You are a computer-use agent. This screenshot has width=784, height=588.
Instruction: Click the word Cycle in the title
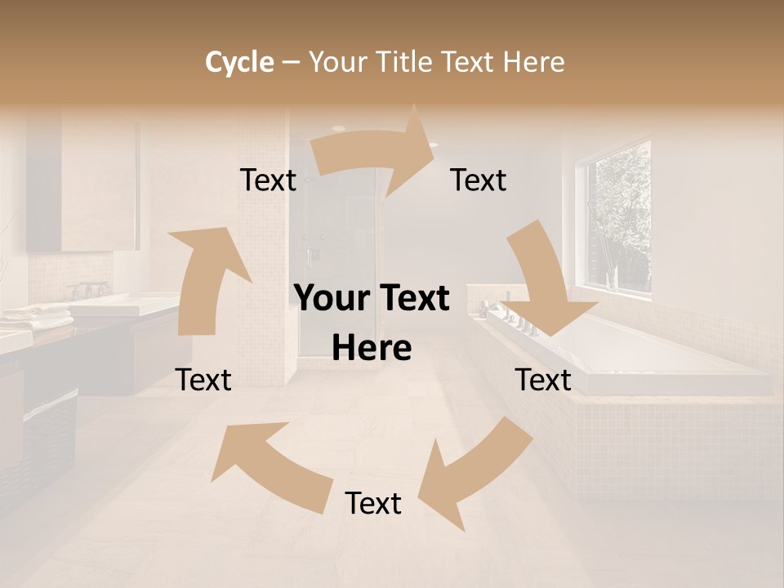coord(239,62)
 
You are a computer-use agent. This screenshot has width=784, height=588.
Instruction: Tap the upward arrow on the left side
coord(204,278)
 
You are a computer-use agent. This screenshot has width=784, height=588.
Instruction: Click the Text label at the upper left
coord(268,180)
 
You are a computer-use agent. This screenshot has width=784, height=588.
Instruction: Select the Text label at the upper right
coord(479,180)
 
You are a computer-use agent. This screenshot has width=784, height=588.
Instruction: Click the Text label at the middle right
coord(543,380)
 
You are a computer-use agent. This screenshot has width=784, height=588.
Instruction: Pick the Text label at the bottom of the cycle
coord(373,503)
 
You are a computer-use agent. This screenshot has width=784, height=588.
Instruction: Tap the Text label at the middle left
coord(204,380)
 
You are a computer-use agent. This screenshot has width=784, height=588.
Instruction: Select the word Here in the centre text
coord(372,349)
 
